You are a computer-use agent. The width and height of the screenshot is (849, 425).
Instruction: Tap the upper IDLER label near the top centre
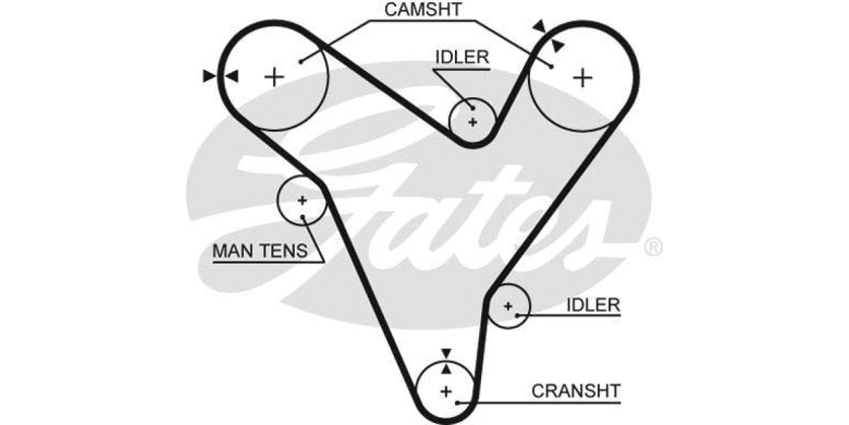pyautogui.click(x=461, y=57)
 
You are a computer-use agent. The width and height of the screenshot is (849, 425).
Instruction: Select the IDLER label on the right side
pyautogui.click(x=593, y=305)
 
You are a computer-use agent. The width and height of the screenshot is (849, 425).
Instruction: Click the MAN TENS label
pyautogui.click(x=260, y=251)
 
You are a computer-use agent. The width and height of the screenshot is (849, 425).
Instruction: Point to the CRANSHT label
pyautogui.click(x=576, y=390)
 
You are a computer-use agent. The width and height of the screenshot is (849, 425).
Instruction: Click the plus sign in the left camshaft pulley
pyautogui.click(x=274, y=76)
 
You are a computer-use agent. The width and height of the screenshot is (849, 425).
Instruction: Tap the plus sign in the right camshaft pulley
pyautogui.click(x=582, y=76)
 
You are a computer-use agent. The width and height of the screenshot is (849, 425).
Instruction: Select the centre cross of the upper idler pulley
pyautogui.click(x=473, y=122)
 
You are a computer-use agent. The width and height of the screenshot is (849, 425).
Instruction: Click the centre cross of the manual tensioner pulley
pyautogui.click(x=302, y=200)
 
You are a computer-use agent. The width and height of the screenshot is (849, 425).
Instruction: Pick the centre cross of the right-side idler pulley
pyautogui.click(x=507, y=306)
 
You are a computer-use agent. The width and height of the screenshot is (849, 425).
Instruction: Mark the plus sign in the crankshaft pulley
pyautogui.click(x=446, y=391)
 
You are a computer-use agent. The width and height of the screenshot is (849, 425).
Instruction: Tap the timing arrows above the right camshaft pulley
pyautogui.click(x=548, y=35)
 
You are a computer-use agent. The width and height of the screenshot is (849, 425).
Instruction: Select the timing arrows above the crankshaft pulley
pyautogui.click(x=446, y=361)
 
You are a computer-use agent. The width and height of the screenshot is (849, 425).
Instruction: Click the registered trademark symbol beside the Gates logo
pyautogui.click(x=654, y=247)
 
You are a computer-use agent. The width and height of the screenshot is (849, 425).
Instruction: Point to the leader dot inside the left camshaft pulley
pyautogui.click(x=301, y=61)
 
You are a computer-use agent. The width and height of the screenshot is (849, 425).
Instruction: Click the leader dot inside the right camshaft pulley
pyautogui.click(x=550, y=66)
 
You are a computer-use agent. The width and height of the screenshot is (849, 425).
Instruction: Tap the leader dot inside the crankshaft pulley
pyautogui.click(x=458, y=402)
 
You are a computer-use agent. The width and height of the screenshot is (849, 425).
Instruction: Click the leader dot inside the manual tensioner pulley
pyautogui.click(x=303, y=214)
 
